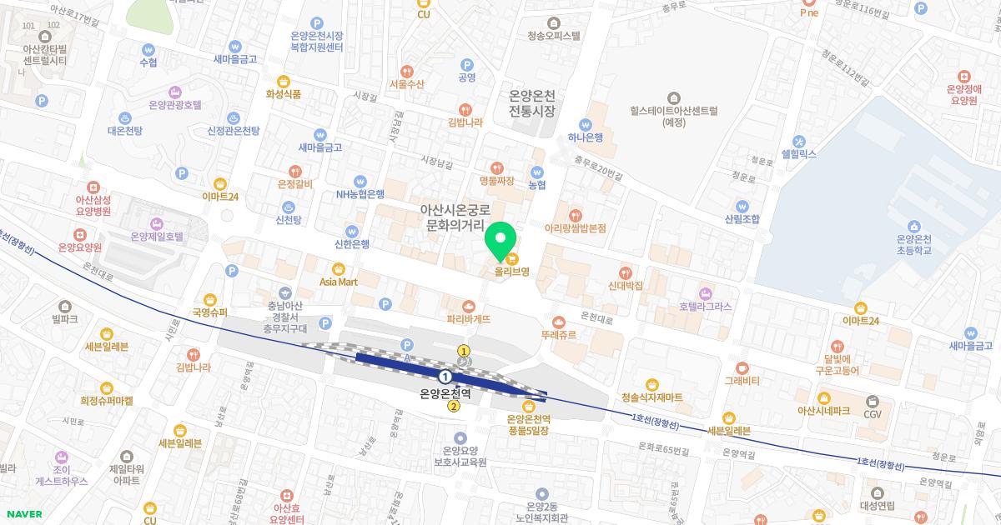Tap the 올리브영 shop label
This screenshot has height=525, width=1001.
[x=511, y=271]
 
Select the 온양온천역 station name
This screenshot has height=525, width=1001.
[x=445, y=393]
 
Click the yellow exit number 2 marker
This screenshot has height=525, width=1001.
[x=453, y=407]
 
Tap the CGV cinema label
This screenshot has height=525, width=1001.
[x=873, y=413]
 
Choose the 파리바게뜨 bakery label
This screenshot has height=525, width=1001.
[x=468, y=318]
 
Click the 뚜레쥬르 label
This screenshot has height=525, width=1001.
[x=558, y=334]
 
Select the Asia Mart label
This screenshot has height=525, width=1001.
[x=338, y=281]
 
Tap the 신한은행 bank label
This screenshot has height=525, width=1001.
[x=351, y=243]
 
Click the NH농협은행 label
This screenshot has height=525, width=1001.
[x=360, y=193]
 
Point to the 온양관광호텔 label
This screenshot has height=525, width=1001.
[x=175, y=104]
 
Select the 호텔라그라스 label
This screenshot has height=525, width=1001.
[x=705, y=306]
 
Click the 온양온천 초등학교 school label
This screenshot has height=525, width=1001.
[x=913, y=243]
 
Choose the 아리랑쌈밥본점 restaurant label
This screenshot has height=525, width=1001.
[x=575, y=227]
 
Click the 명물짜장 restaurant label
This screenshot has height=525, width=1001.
[x=497, y=180]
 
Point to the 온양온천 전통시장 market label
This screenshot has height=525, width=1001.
[x=531, y=104]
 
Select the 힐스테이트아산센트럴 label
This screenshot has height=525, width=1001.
[x=674, y=115]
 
